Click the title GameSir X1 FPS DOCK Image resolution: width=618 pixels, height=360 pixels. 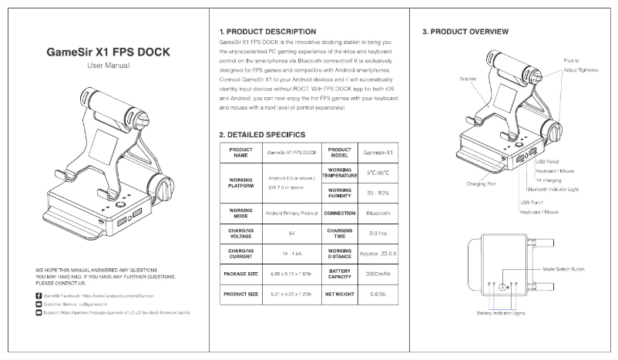pos(109,53)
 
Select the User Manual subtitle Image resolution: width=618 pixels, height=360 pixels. pos(109,68)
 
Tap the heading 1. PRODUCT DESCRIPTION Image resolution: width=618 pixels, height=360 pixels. pos(268,31)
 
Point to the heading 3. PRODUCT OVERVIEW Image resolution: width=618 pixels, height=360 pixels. pos(465,32)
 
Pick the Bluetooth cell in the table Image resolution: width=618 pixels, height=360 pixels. pos(379,213)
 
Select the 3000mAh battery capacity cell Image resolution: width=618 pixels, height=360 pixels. pos(379,274)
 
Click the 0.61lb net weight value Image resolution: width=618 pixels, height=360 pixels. pos(379,294)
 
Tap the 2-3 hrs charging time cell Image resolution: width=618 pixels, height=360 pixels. pos(379,233)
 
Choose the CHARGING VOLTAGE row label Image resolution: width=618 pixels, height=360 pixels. pos(241,233)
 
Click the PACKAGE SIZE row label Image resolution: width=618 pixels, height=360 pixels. pos(241,274)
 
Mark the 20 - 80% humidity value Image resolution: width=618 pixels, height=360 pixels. pos(379,193)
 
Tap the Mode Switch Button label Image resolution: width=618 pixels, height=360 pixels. pos(565,270)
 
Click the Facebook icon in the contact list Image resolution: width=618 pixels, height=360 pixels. pos(39,296)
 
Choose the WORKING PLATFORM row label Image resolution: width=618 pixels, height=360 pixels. pos(241,182)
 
